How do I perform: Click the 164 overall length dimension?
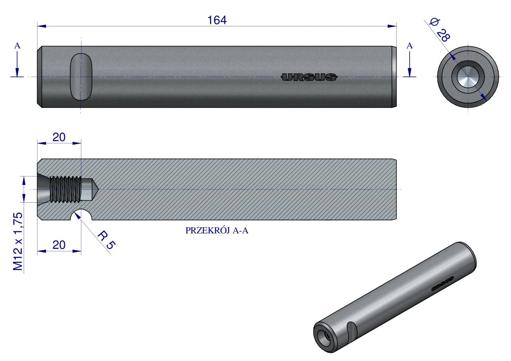217,20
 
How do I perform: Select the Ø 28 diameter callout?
440,30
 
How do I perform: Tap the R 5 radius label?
107,241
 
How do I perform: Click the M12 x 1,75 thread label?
18,241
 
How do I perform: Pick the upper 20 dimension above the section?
59,137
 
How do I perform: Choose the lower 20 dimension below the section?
59,245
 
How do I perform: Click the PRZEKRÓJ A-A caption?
217,231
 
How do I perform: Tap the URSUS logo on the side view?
309,77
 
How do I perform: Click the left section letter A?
17,46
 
